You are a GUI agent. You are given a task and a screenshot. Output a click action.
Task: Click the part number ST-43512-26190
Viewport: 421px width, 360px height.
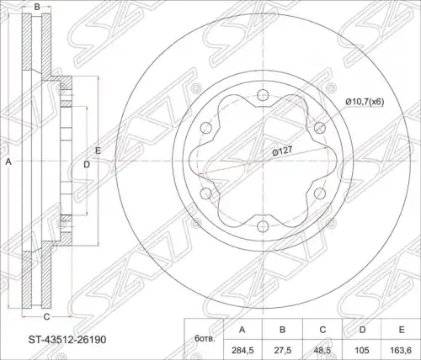[67, 340]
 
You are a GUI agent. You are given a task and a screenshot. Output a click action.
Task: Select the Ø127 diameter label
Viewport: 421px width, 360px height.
[282, 151]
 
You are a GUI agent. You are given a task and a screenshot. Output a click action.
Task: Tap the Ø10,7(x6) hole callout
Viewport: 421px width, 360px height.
[365, 102]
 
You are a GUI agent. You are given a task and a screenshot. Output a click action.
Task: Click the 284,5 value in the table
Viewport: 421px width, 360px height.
[242, 350]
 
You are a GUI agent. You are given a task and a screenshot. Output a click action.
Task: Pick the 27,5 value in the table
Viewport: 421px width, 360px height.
[283, 350]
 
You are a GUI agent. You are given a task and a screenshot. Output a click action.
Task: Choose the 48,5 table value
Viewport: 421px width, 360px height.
[322, 350]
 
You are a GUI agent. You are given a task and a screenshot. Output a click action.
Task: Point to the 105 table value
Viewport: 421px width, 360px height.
[363, 350]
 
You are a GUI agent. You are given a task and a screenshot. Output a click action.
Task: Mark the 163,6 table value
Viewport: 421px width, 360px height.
[402, 350]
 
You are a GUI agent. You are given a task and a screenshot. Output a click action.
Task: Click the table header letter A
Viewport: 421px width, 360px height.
[242, 330]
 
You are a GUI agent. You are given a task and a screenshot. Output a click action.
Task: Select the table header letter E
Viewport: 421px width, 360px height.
[402, 330]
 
